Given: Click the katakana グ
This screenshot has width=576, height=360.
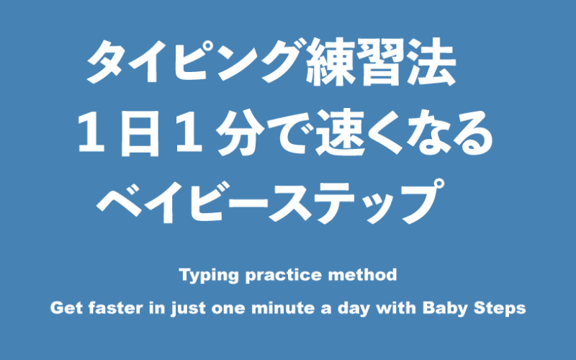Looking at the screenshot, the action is pos(283,61).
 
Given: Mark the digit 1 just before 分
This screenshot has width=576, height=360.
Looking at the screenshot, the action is pos(189,132).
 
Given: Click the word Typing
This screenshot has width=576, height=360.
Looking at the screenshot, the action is pos(209,276).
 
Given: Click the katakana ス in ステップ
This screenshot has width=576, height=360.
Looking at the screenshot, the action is pos(292,201).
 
